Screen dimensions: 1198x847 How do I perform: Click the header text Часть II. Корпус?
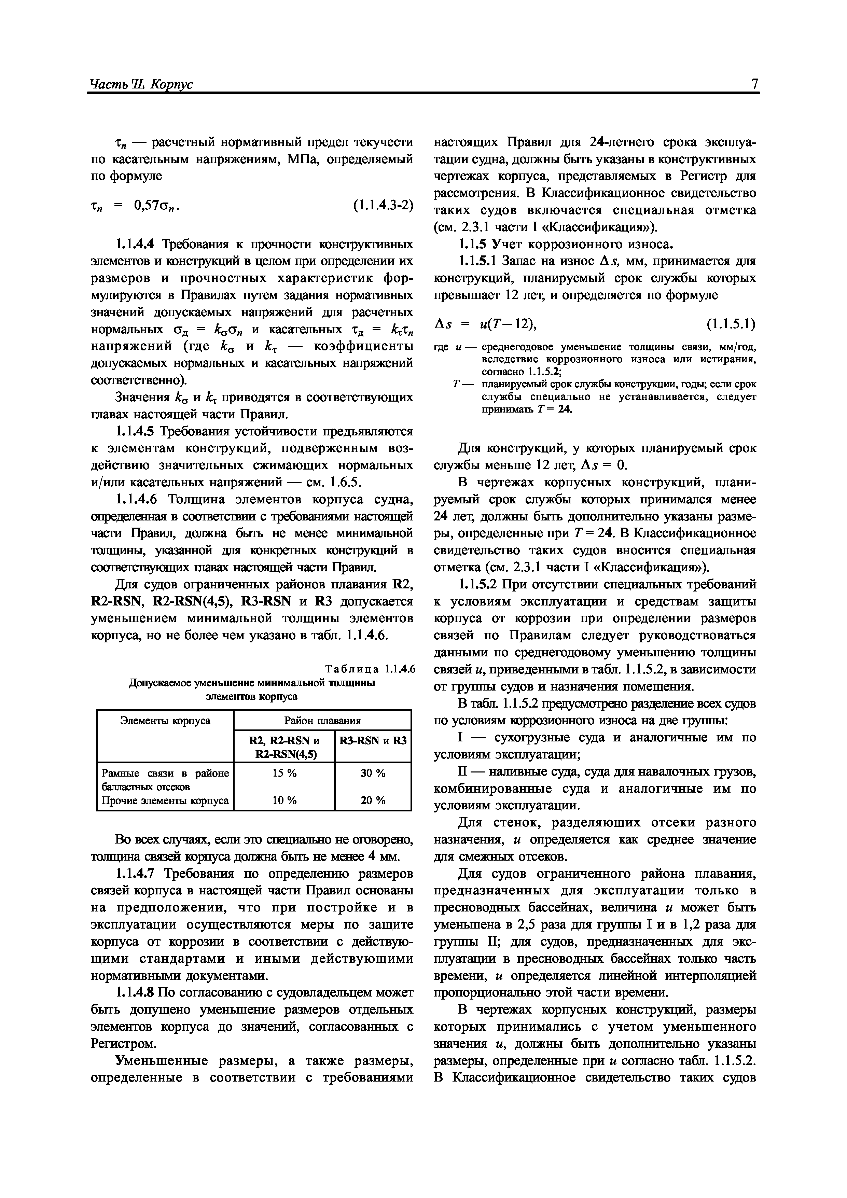pyautogui.click(x=141, y=85)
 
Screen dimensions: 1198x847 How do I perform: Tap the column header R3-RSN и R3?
pyautogui.click(x=373, y=740)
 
